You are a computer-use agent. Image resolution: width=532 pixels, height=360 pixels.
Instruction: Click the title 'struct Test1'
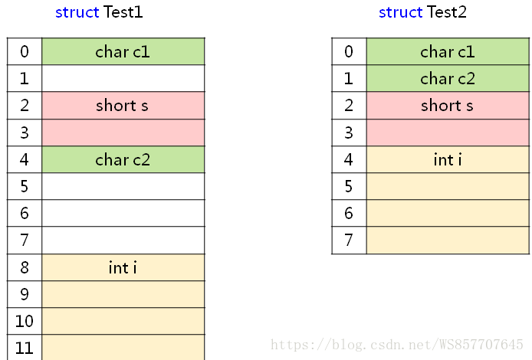99,12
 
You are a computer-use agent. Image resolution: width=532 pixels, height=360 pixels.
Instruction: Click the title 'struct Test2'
422,12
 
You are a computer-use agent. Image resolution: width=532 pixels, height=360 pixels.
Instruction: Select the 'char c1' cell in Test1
123,52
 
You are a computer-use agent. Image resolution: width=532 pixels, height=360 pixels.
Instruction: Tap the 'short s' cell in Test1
123,106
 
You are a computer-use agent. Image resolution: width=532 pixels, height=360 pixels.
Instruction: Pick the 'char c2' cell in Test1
123,160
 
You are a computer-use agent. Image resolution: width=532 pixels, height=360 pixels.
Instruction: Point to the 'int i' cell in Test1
123,267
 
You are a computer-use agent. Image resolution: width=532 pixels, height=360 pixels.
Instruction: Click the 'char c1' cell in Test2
448,52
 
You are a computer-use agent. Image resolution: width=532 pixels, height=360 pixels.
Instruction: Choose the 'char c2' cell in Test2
448,79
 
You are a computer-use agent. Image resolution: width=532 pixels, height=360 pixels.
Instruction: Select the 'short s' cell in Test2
448,106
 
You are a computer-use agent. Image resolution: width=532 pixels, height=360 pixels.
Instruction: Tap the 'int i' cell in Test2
448,160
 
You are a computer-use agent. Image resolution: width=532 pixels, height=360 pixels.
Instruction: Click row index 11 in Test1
25,348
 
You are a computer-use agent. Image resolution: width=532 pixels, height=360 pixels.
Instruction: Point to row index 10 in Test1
25,321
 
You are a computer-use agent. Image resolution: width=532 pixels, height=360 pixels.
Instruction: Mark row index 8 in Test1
25,267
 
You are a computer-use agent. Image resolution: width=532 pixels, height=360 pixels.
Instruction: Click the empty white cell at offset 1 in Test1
123,79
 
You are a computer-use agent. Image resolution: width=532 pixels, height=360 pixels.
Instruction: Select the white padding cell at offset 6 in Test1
123,214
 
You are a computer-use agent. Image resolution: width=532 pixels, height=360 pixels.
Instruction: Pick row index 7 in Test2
349,241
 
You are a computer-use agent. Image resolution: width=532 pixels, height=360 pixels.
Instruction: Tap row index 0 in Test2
349,52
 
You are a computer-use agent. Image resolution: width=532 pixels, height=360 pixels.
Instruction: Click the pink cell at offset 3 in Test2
448,133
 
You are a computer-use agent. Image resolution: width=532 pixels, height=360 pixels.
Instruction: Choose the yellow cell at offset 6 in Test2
448,214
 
